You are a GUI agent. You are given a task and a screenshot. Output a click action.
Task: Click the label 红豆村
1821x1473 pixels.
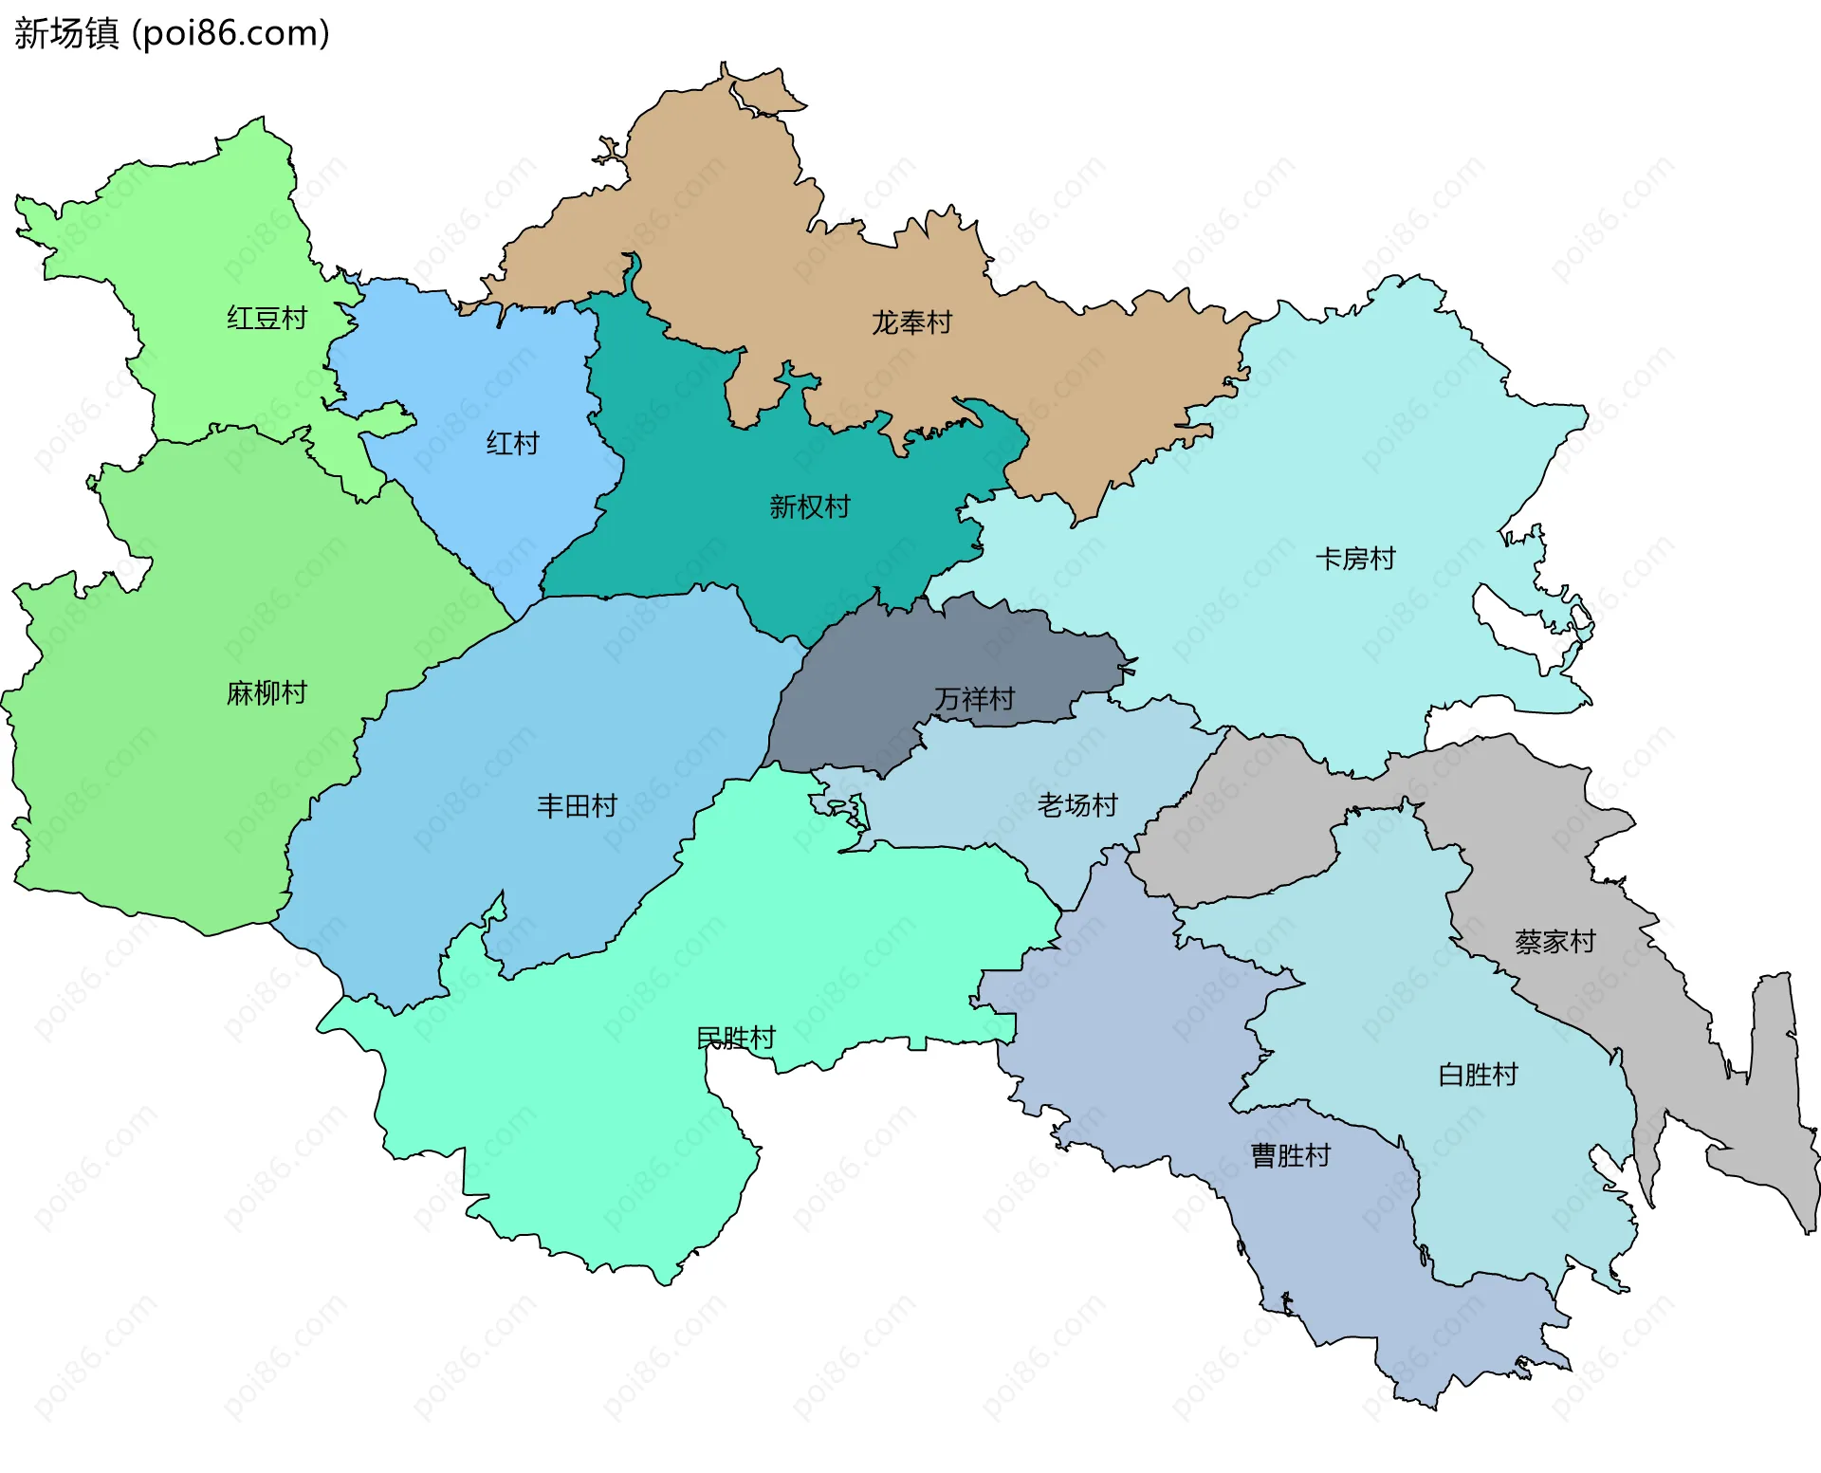[267, 319]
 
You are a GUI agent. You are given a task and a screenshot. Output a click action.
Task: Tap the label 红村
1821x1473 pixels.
[512, 443]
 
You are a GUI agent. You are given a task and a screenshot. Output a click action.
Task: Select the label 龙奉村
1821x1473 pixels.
[910, 323]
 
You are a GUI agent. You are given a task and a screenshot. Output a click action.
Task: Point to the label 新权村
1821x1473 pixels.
[809, 507]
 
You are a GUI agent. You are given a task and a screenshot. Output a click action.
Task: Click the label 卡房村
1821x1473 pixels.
[1355, 559]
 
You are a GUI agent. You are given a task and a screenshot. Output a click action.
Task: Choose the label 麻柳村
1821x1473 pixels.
[267, 693]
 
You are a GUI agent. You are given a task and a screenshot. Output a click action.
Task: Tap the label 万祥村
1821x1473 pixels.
[974, 699]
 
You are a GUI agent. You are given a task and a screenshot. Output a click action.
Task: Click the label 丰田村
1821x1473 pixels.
[577, 806]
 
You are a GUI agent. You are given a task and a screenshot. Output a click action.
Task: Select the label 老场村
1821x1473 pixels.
[1076, 805]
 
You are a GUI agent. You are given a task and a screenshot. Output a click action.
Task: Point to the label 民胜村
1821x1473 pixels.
[735, 1039]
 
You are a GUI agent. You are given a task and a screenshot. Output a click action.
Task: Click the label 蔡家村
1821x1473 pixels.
[1554, 942]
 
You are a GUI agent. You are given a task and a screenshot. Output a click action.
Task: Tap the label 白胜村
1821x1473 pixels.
[1478, 1075]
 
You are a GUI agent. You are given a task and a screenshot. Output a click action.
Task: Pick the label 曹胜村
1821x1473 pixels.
[1290, 1155]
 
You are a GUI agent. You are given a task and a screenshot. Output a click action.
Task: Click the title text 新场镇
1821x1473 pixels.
[66, 33]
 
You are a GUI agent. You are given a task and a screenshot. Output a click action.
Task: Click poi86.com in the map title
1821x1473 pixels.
[230, 33]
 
